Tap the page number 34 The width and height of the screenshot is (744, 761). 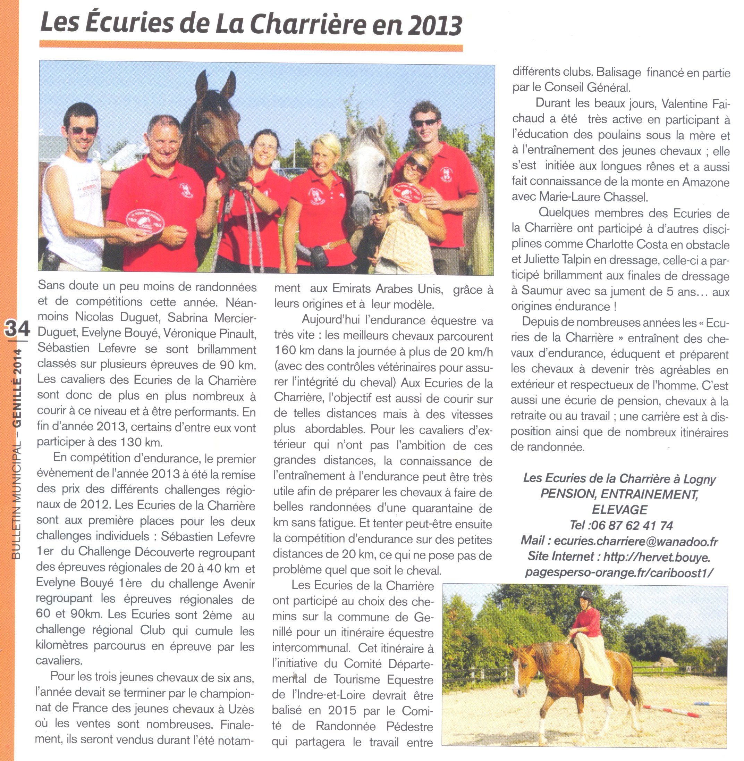17,329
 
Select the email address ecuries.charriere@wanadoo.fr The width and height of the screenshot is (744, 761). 636,541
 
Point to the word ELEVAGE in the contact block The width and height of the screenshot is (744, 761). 619,510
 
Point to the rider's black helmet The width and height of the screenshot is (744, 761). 586,595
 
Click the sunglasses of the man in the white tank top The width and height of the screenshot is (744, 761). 83,131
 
